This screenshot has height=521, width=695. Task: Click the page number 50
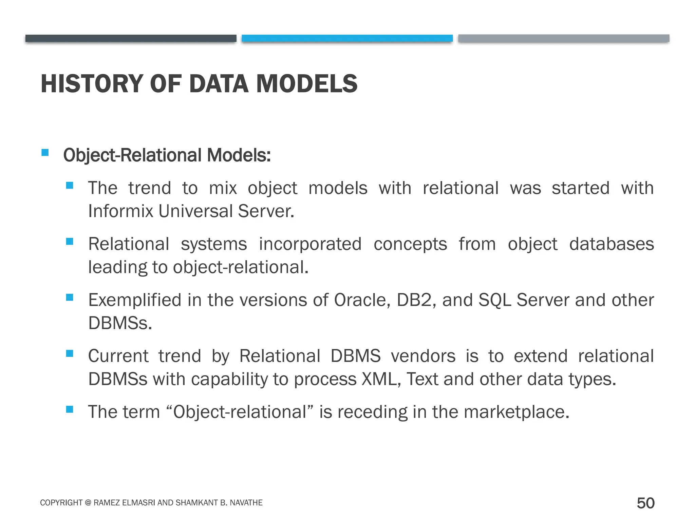(x=645, y=503)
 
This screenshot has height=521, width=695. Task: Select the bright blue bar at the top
(x=347, y=38)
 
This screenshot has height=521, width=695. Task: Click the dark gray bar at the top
(x=131, y=38)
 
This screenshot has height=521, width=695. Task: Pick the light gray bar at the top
(x=564, y=38)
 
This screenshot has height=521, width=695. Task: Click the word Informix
(x=120, y=211)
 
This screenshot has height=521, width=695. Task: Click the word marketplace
(x=516, y=412)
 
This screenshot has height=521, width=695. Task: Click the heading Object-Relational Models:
(x=167, y=155)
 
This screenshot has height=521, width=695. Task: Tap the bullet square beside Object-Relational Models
(x=45, y=152)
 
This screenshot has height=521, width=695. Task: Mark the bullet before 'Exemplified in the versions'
(x=70, y=297)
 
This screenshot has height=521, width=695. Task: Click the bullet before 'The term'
(x=70, y=409)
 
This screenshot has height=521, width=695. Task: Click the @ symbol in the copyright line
(x=88, y=503)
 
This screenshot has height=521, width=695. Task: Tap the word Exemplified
(x=135, y=300)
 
